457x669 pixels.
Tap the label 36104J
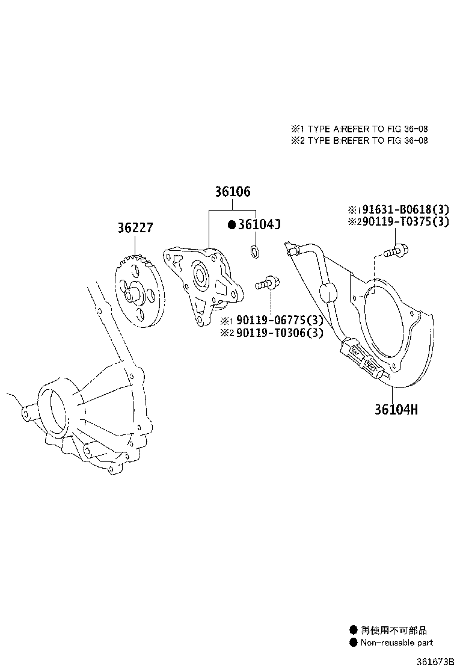coord(259,224)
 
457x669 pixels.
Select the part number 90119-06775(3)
coord(276,320)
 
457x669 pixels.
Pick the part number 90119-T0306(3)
coord(276,332)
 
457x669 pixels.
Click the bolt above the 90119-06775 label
coord(268,281)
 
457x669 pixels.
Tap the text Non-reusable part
coord(396,642)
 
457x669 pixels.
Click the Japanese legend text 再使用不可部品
coord(394,630)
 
